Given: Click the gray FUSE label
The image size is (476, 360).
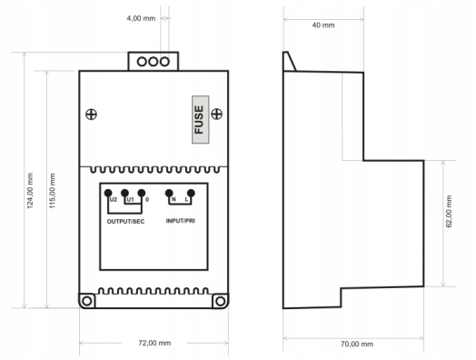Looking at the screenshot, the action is [x=201, y=120].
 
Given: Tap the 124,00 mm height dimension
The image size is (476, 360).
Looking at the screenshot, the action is [x=30, y=191].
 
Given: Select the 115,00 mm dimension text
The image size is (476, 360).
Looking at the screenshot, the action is [x=53, y=191].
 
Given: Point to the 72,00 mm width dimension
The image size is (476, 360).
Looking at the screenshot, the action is [x=154, y=343].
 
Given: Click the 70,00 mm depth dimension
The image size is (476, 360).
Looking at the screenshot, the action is [x=357, y=345].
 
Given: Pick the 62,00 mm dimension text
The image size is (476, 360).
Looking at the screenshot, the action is [x=449, y=212].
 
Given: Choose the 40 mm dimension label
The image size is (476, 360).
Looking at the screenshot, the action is [x=323, y=25].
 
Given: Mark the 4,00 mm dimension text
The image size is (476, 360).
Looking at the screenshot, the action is [x=141, y=18].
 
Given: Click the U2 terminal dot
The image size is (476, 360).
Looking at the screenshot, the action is [x=108, y=193].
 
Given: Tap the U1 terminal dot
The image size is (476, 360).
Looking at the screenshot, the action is [x=124, y=193].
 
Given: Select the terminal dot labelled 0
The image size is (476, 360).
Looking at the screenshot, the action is [x=142, y=193].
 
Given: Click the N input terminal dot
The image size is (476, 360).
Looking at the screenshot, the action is [x=169, y=193].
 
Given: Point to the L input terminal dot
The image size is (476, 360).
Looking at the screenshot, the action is [x=191, y=193].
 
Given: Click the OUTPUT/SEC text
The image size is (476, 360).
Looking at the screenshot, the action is [x=125, y=222].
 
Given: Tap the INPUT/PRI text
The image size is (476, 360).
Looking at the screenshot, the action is [x=181, y=221].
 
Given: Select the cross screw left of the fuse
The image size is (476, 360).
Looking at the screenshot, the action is [x=91, y=115].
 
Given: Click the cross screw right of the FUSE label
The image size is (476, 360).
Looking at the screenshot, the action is [x=217, y=114].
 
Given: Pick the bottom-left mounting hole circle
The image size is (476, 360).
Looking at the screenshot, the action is [x=87, y=301].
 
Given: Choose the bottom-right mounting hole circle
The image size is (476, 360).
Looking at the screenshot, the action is [x=221, y=301].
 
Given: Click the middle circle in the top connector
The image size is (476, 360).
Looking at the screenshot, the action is [x=154, y=62].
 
